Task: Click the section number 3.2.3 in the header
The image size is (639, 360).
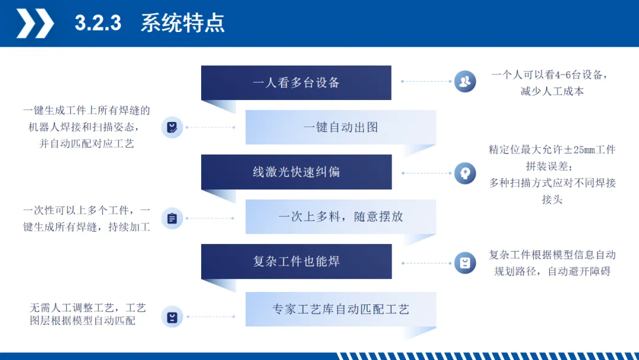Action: coord(98,23)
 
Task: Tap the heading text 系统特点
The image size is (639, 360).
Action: coord(182,23)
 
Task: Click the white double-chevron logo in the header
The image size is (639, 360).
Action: coord(34,23)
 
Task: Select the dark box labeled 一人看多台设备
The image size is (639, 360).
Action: coord(296,83)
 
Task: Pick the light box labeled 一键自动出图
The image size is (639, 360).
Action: coord(341,127)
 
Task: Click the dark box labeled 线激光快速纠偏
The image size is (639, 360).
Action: coord(296,172)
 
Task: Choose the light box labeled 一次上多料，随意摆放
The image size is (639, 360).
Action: coord(341,217)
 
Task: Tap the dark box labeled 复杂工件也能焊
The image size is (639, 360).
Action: coord(296,261)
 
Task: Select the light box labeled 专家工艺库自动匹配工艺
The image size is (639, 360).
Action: coord(341,309)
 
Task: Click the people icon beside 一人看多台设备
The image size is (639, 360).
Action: coord(465,81)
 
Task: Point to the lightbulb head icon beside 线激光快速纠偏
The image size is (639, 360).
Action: coord(465,173)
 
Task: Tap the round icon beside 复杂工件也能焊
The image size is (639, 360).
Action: coord(465,263)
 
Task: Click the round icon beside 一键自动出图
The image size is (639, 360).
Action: coord(172,127)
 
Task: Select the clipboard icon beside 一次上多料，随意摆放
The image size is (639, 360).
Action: coord(172,218)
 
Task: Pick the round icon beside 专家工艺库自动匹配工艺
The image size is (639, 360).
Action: coord(172,317)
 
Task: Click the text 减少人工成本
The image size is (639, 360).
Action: coord(552,91)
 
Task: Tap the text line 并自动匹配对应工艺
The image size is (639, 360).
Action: coord(86,144)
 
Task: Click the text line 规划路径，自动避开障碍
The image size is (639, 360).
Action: coord(552,272)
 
